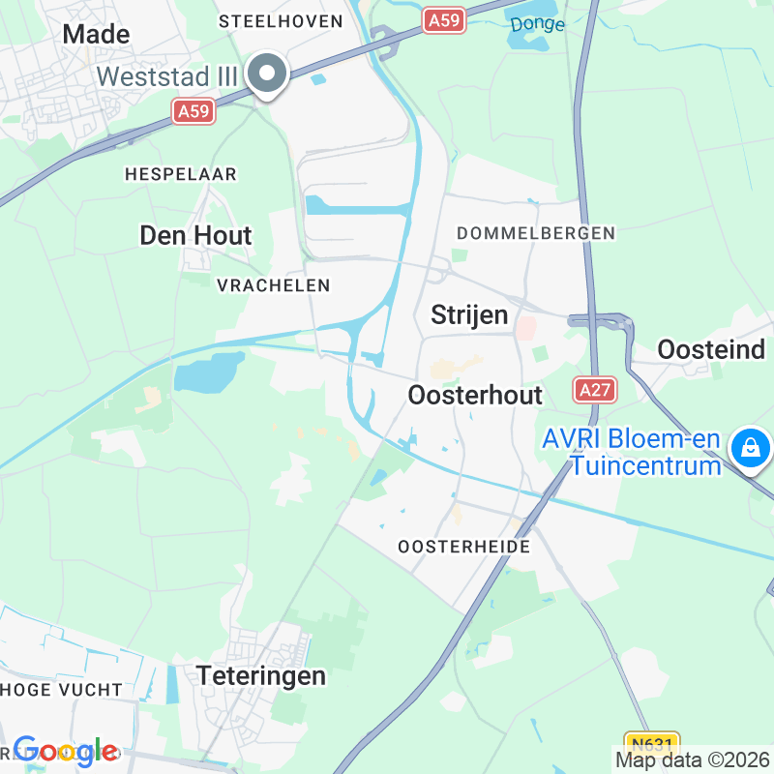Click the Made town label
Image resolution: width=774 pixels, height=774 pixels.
click(x=96, y=34)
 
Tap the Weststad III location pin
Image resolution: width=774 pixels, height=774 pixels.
click(x=266, y=74)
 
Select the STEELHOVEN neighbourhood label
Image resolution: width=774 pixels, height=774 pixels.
click(x=281, y=20)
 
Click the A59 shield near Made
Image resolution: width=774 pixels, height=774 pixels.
click(x=193, y=112)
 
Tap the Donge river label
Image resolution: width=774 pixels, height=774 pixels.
click(x=537, y=23)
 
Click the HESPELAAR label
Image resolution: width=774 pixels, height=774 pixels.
click(x=181, y=174)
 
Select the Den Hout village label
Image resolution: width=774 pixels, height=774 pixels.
click(x=195, y=235)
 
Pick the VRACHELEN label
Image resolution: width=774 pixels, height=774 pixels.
click(x=274, y=285)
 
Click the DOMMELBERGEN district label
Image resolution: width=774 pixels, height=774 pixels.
click(x=535, y=233)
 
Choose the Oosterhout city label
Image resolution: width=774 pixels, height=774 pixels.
click(x=475, y=395)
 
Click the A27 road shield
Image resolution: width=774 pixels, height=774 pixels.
click(x=595, y=389)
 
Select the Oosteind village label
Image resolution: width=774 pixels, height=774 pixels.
click(x=712, y=349)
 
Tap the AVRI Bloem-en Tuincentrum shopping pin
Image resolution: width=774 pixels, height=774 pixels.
click(x=749, y=447)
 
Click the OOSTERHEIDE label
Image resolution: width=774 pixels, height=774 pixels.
click(x=463, y=547)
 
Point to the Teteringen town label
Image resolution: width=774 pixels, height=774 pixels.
click(x=261, y=675)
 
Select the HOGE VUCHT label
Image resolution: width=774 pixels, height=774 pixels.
click(x=62, y=690)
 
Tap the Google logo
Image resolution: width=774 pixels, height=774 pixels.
click(x=66, y=751)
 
